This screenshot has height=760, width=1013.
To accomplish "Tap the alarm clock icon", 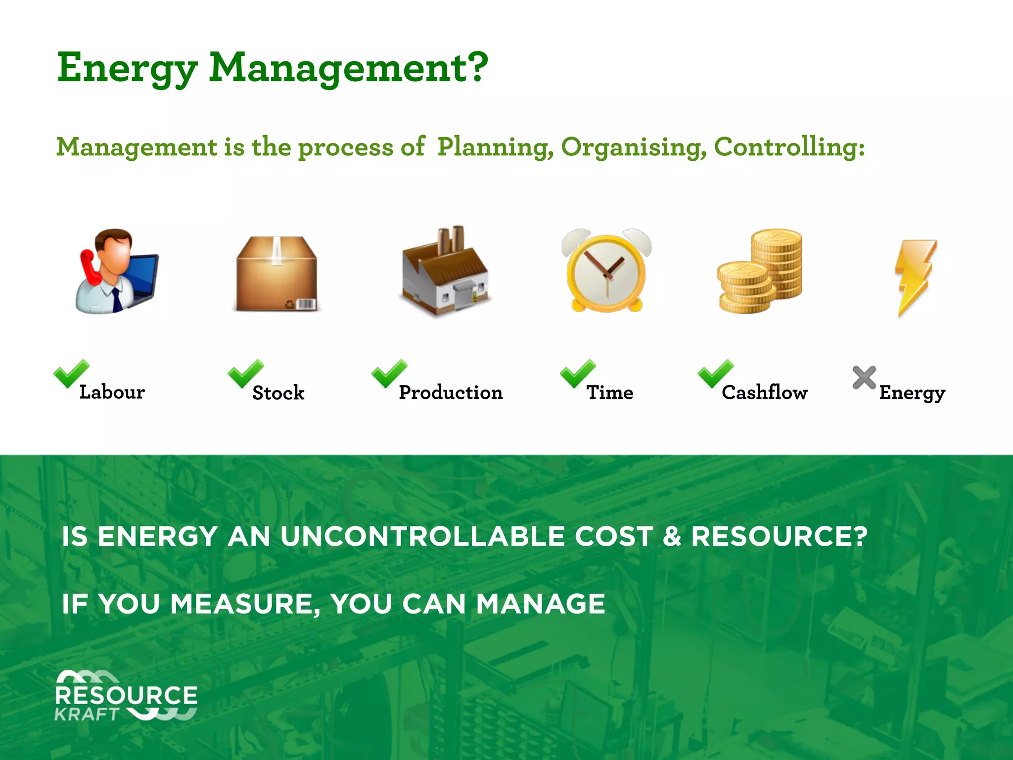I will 606,270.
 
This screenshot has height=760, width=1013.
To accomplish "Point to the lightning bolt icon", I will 915,277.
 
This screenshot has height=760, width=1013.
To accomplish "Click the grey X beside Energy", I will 864,378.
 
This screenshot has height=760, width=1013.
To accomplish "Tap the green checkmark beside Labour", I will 71,374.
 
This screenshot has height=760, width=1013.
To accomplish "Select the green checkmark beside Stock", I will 245,374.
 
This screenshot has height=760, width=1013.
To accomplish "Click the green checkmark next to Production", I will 389,374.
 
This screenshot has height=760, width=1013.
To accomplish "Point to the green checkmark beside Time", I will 577,374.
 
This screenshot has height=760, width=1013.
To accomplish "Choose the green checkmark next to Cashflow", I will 715,374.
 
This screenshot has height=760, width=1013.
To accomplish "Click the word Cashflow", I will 764,392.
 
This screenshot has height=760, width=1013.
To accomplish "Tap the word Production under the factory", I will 451,392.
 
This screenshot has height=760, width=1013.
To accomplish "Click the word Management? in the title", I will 349,68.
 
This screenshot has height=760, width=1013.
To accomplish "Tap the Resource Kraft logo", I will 126,696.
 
